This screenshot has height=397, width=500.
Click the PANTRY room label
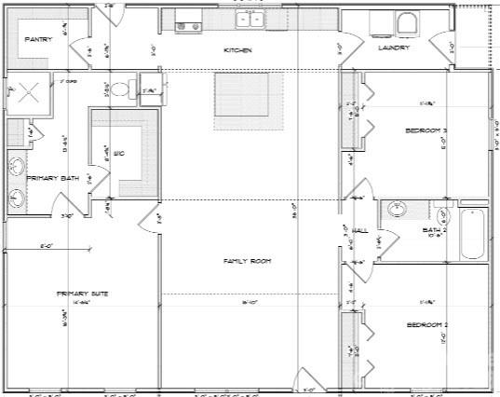tap(37, 40)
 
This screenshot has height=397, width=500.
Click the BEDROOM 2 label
tap(427, 324)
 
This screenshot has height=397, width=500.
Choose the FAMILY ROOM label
tap(247, 261)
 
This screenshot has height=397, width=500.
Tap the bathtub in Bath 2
tap(473, 230)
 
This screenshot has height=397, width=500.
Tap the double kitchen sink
tap(250, 22)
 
